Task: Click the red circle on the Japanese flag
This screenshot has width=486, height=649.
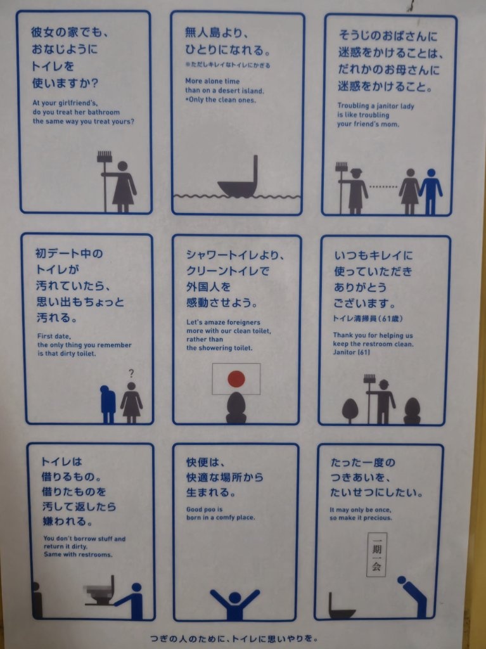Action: (x=236, y=379)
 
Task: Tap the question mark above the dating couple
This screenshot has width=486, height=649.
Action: (x=131, y=373)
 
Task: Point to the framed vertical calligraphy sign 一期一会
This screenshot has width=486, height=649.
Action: (x=376, y=555)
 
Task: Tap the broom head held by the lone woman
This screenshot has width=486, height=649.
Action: (x=105, y=157)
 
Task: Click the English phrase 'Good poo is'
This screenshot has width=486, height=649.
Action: (x=205, y=509)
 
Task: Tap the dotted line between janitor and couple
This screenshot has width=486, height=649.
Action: (x=383, y=187)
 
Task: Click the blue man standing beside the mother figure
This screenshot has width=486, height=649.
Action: (x=431, y=191)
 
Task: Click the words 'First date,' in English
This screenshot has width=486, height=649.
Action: (x=54, y=336)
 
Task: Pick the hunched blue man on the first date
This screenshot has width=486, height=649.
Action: (x=108, y=404)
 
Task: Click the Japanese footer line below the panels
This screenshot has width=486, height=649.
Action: (x=234, y=639)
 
